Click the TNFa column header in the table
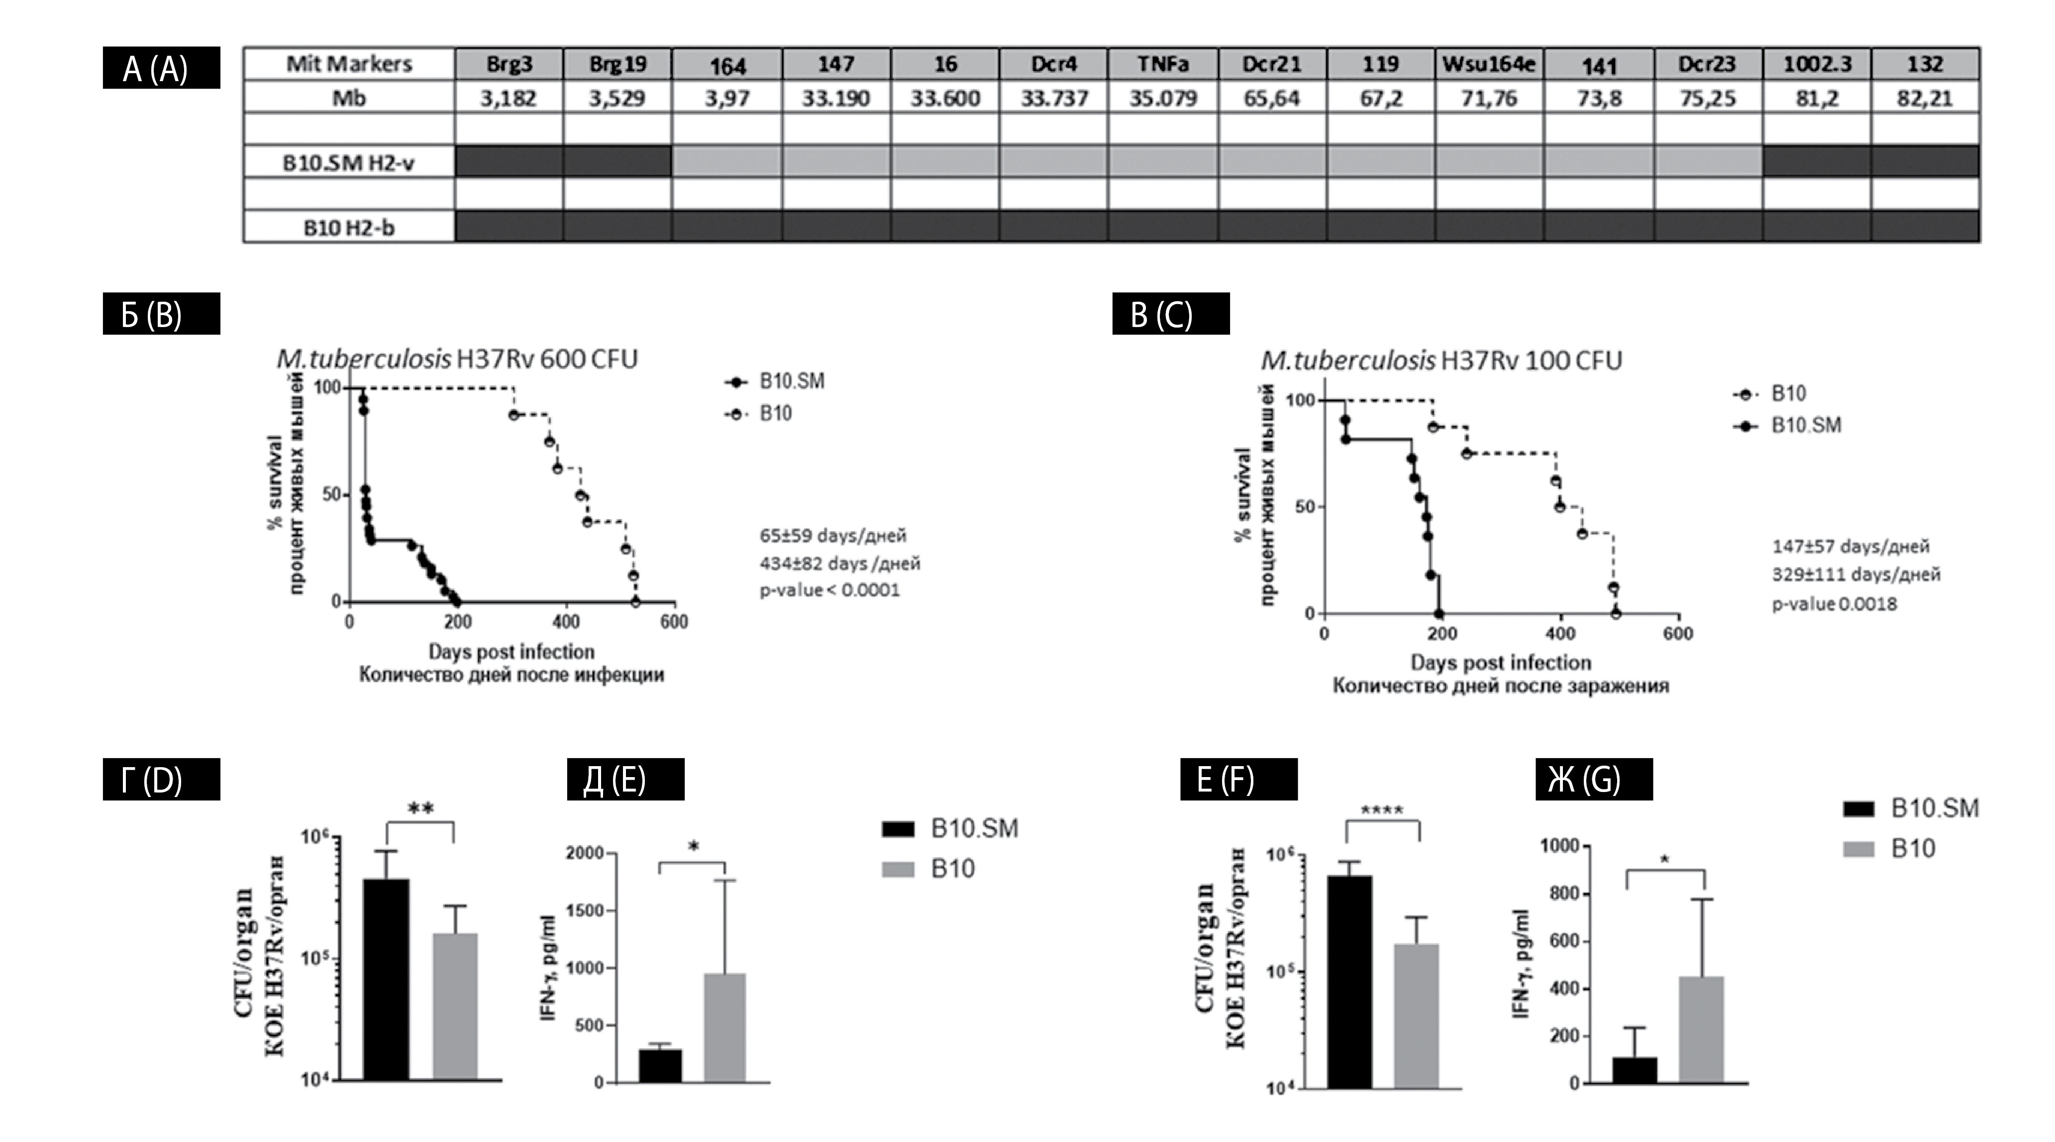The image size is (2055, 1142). [1162, 64]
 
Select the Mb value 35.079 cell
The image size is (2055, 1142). [1162, 98]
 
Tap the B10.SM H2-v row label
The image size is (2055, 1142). [349, 163]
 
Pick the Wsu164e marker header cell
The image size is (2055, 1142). [1489, 64]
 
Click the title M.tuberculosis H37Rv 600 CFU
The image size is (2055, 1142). [457, 359]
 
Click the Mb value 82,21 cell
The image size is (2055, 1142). [1925, 98]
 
